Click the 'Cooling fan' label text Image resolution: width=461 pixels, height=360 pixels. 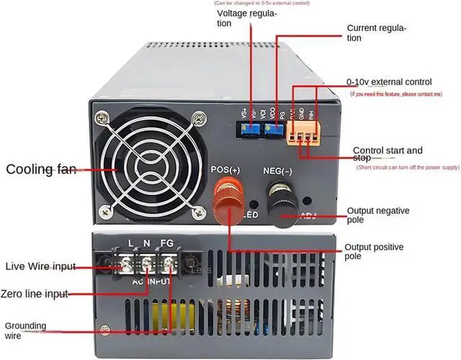pos(42,170)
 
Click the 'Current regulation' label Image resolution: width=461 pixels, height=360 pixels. pos(377,32)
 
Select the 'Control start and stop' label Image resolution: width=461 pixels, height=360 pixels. pos(388,156)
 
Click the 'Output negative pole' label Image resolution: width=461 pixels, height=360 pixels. pos(375,215)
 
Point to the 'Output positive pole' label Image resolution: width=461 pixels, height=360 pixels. pos(375,252)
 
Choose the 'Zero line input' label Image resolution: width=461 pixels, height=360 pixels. pos(37,293)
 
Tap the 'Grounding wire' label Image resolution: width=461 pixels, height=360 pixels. pos(26,330)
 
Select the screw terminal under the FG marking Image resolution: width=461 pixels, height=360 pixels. pos(168,264)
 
